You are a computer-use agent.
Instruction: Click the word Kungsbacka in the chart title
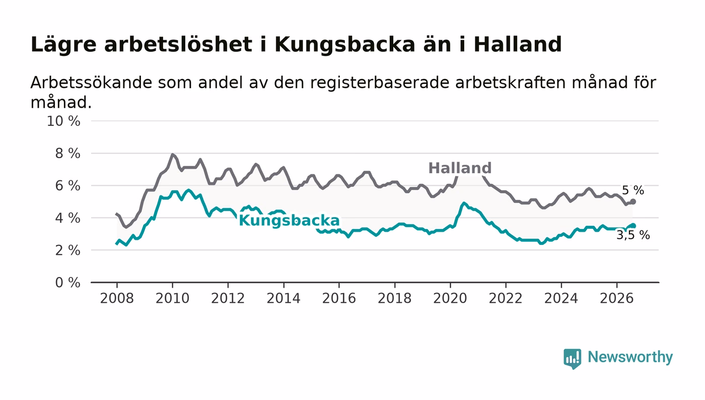pos(345,45)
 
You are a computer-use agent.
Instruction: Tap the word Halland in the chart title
pos(518,44)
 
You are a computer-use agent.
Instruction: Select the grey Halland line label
pos(460,168)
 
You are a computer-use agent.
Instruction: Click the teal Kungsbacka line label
pos(289,221)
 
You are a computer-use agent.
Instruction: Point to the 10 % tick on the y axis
pos(63,121)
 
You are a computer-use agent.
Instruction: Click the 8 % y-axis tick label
pos(67,153)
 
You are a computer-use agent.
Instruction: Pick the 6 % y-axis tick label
pos(67,186)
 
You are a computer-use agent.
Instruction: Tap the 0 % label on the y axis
pos(67,283)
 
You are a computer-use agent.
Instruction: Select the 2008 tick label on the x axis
pos(117,298)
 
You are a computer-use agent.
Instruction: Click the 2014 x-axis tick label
pos(284,298)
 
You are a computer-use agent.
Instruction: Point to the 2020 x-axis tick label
pos(450,298)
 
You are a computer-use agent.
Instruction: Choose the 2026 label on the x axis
pos(616,298)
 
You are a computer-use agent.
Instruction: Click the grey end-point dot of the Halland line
pos(633,202)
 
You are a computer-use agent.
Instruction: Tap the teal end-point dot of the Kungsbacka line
pos(633,226)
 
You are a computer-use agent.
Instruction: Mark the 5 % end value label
pos(633,190)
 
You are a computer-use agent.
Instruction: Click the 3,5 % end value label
pos(633,235)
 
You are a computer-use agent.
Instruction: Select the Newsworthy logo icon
pos(572,359)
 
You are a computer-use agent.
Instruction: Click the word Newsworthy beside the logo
pos(630,357)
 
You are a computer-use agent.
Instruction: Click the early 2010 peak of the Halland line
pos(172,154)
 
